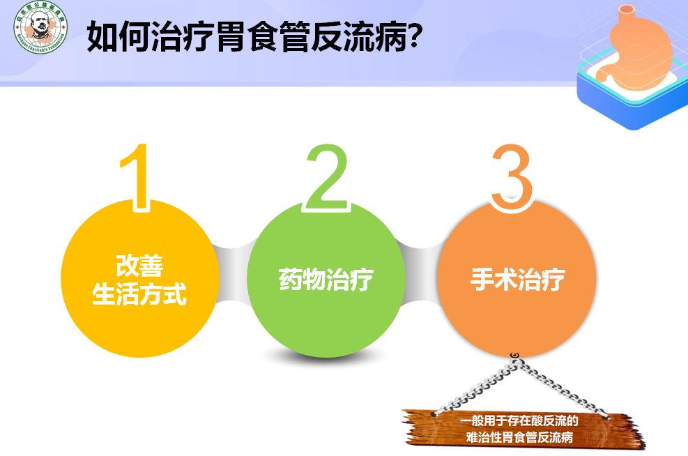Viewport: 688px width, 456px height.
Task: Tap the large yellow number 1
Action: click(137, 176)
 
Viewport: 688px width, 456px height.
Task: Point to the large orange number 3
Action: click(512, 177)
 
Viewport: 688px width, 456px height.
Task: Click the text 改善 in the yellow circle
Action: click(139, 266)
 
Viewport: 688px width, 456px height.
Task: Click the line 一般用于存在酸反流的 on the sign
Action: click(519, 421)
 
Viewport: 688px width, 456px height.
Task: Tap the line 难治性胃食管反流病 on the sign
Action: click(519, 438)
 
